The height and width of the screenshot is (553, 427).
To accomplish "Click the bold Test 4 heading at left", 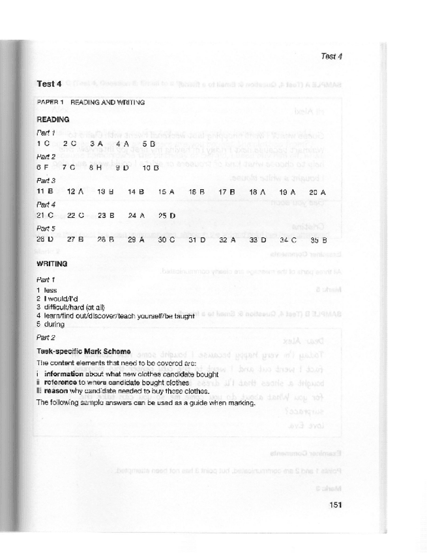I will tap(50, 84).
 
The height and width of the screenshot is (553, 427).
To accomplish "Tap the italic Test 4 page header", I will tap(332, 56).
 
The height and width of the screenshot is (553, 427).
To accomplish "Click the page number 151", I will tap(335, 504).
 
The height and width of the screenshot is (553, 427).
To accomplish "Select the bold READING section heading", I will tap(53, 120).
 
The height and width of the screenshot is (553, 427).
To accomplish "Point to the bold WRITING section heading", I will tap(52, 264).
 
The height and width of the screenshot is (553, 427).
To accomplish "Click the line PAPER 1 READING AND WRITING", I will tap(91, 102).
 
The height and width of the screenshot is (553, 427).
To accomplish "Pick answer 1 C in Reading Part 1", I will tap(43, 143).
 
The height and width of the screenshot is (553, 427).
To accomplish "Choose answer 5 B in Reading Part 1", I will tap(148, 143).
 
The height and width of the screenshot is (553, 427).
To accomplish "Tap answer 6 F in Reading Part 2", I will tap(43, 168).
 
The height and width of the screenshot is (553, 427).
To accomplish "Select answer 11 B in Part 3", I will tap(45, 192).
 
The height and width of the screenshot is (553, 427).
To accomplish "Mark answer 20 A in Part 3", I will tap(317, 192).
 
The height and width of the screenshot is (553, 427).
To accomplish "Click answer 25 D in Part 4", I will tap(167, 215).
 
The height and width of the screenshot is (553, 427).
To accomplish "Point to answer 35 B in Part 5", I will tap(318, 240).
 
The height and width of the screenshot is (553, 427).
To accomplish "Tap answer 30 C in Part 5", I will tap(167, 240).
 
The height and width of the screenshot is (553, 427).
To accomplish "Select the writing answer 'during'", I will tap(53, 323).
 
